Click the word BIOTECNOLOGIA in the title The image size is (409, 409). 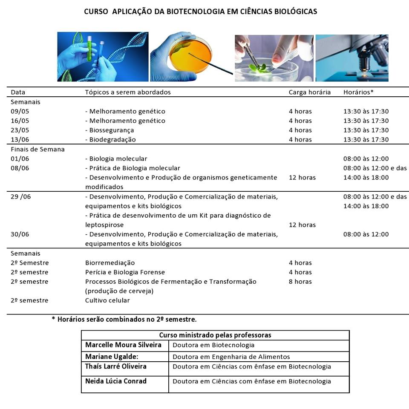194,12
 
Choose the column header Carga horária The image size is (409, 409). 309,92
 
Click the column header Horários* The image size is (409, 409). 358,92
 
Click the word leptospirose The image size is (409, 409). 104,225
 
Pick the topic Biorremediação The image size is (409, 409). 110,263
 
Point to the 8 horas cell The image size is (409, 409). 300,282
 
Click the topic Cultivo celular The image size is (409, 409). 107,300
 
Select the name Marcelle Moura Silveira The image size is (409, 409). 123,345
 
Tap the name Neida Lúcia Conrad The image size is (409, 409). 116,381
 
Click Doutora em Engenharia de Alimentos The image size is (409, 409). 231,357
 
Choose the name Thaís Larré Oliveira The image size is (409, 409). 116,367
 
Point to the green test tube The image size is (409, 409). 89,49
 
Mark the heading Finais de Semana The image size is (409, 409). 37,150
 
